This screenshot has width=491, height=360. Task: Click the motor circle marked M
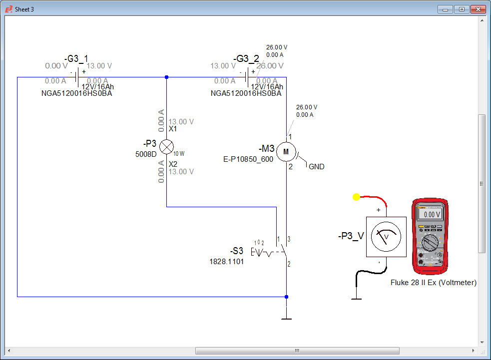coord(286,151)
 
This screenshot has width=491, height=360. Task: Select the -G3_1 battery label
coord(76,59)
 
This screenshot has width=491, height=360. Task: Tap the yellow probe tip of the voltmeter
coord(356,197)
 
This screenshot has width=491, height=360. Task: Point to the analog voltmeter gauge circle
coord(386,237)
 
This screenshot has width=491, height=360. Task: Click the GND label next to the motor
coord(317,167)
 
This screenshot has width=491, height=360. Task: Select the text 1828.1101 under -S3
coord(226,261)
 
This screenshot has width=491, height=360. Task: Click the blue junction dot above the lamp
coord(166,77)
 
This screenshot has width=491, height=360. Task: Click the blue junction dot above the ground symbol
coord(286,297)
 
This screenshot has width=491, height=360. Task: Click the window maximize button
coord(461,9)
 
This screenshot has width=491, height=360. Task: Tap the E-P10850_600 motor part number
coord(248,159)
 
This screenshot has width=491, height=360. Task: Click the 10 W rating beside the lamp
coord(179,154)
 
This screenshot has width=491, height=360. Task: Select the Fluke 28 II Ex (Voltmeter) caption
coord(433,283)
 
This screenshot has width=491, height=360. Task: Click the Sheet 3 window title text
coord(24,9)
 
